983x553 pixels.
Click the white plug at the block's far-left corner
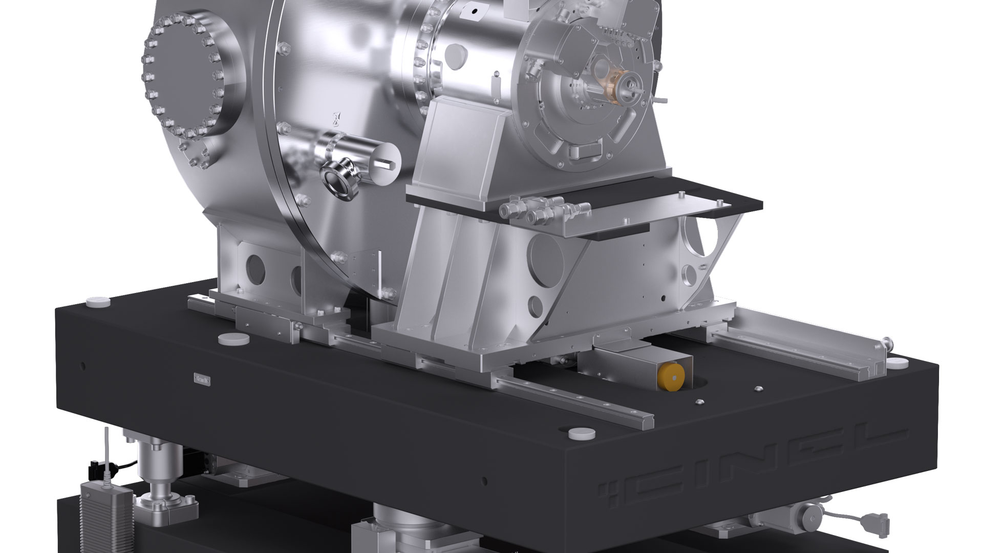coord(98,302)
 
